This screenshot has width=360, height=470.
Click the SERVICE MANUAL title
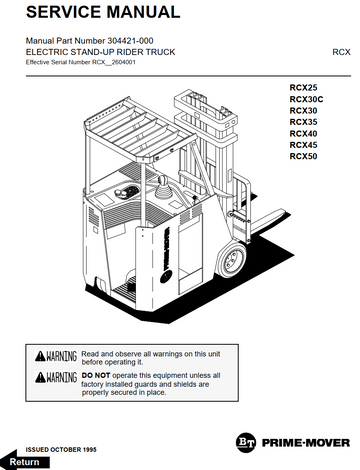click(x=103, y=12)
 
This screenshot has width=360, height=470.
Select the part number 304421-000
click(x=130, y=41)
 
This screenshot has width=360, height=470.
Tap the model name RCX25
click(x=303, y=88)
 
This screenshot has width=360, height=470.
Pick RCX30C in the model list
click(x=306, y=99)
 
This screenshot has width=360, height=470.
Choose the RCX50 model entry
click(x=303, y=156)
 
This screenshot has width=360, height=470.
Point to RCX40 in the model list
click(x=303, y=134)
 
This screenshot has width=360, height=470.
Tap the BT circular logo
click(x=246, y=443)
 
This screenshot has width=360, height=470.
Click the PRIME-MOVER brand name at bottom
click(x=306, y=443)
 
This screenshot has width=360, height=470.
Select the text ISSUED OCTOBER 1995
click(x=61, y=450)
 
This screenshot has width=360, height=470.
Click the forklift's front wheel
click(x=232, y=260)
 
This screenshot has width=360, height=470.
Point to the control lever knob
click(x=163, y=182)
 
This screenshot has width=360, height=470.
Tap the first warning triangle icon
click(x=40, y=356)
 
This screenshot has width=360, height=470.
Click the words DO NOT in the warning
click(x=96, y=376)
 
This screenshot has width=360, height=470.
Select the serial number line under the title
click(x=81, y=62)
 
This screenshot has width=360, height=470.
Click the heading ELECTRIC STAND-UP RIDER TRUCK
click(x=100, y=52)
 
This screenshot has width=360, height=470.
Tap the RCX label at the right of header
click(x=341, y=52)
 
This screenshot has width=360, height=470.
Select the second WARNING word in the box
click(x=62, y=377)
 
